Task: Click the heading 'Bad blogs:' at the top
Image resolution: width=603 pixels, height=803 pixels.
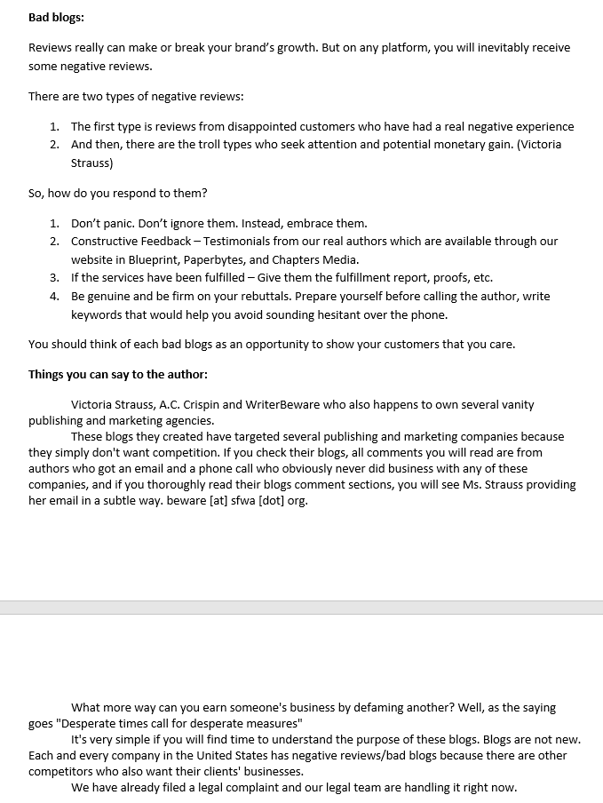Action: tap(56, 17)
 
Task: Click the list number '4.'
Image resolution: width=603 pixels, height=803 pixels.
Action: tap(54, 296)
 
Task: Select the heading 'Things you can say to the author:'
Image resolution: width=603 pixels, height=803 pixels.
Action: tap(118, 374)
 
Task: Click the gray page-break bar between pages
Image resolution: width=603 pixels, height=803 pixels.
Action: tap(301, 608)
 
